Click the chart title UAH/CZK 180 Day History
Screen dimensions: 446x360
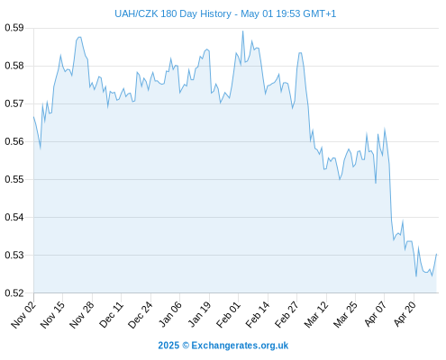click(173, 13)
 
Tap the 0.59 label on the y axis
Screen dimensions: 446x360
click(14, 28)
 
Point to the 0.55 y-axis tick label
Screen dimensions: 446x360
click(14, 179)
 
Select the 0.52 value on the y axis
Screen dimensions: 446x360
click(14, 293)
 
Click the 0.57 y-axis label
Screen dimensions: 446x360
click(14, 103)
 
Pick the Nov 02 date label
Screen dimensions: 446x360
click(23, 315)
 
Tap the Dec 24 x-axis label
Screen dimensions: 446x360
click(141, 315)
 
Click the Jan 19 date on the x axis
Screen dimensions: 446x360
click(199, 315)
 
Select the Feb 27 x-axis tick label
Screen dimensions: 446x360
click(287, 315)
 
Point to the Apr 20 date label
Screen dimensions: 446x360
click(405, 314)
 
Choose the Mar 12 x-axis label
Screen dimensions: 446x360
click(316, 315)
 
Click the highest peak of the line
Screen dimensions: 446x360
click(242, 31)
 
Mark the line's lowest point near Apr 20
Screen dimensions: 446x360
click(416, 276)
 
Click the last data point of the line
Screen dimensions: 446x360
click(436, 254)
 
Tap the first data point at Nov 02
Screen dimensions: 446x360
click(33, 117)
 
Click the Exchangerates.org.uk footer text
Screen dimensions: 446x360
click(240, 346)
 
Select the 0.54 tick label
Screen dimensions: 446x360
click(14, 217)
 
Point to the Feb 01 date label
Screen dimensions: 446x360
click(228, 315)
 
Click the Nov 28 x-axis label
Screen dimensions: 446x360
click(82, 315)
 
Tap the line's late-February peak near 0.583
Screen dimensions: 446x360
click(300, 53)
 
